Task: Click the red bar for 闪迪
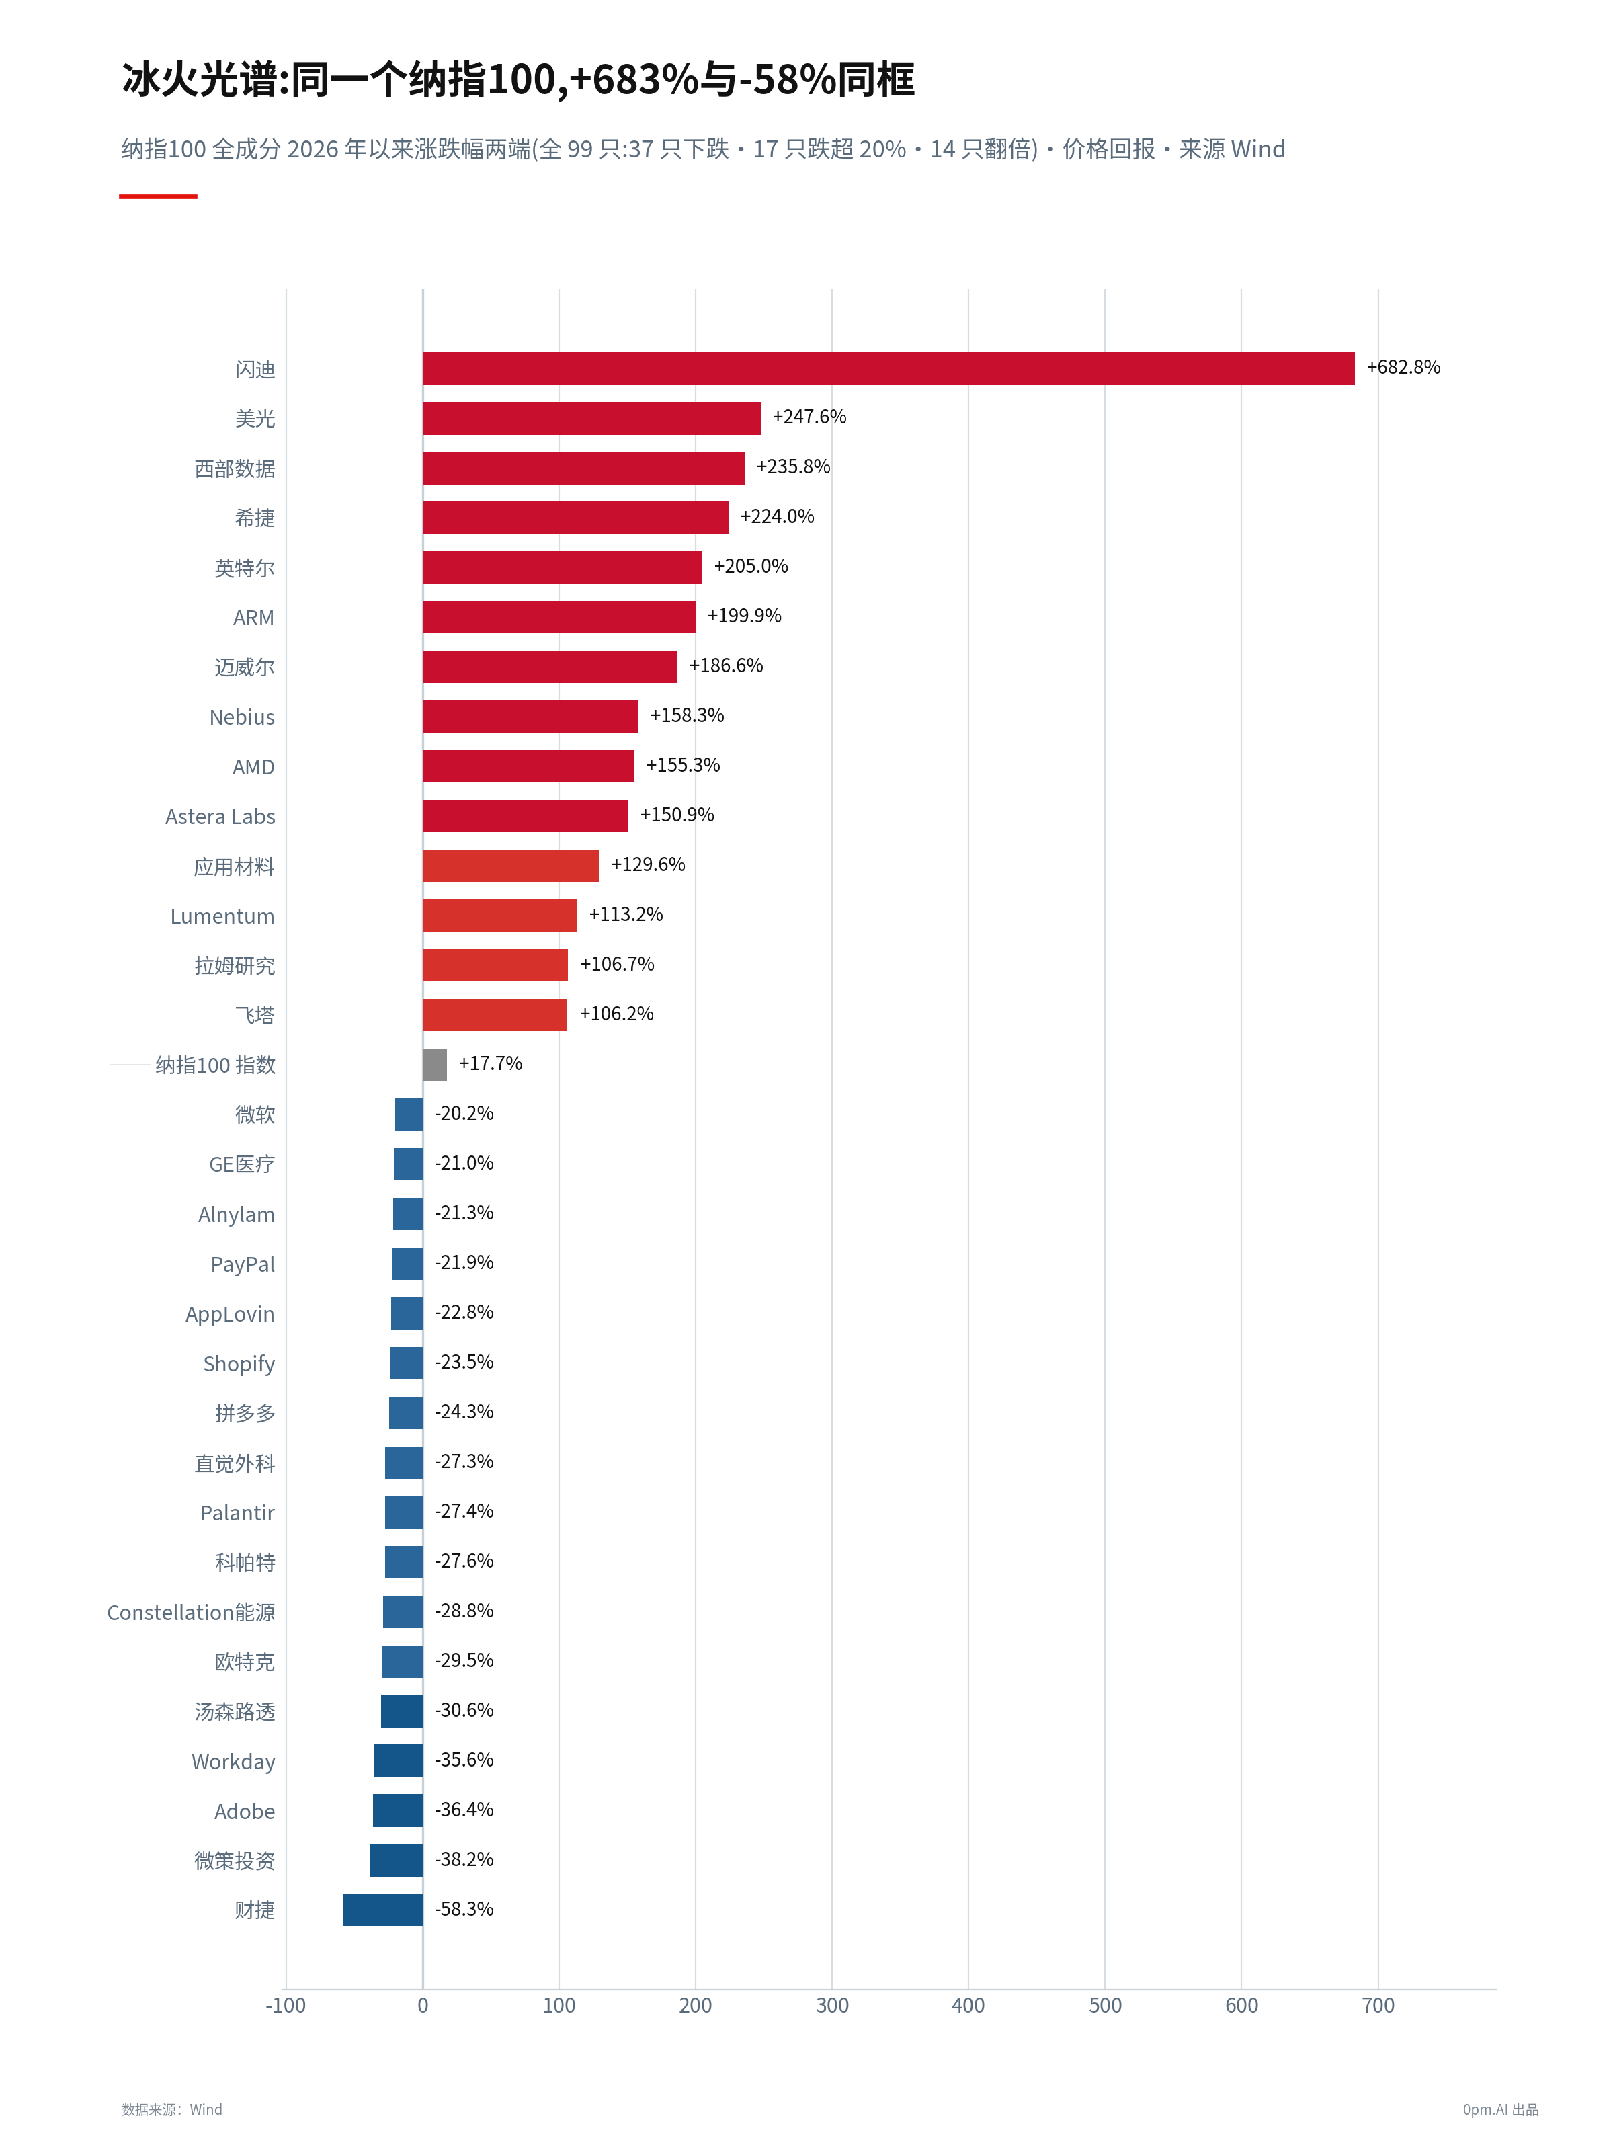pyautogui.click(x=888, y=368)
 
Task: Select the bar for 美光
pyautogui.click(x=591, y=418)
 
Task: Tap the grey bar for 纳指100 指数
pyautogui.click(x=435, y=1064)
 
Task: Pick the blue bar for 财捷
pyautogui.click(x=382, y=1909)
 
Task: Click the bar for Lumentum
pyautogui.click(x=500, y=915)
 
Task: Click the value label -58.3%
pyautogui.click(x=464, y=1909)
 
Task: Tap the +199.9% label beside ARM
pyautogui.click(x=744, y=616)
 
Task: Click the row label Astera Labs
pyautogui.click(x=220, y=817)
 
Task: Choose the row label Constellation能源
pyautogui.click(x=191, y=1613)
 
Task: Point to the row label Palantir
pyautogui.click(x=237, y=1513)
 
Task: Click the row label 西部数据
pyautogui.click(x=235, y=469)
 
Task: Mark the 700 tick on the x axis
pyautogui.click(x=1378, y=2005)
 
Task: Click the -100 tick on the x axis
pyautogui.click(x=286, y=2005)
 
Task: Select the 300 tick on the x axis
pyautogui.click(x=832, y=2005)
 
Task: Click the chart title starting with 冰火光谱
pyautogui.click(x=518, y=80)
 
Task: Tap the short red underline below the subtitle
pyautogui.click(x=159, y=196)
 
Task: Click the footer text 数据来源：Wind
pyautogui.click(x=172, y=2109)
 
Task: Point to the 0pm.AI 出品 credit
pyautogui.click(x=1500, y=2109)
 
